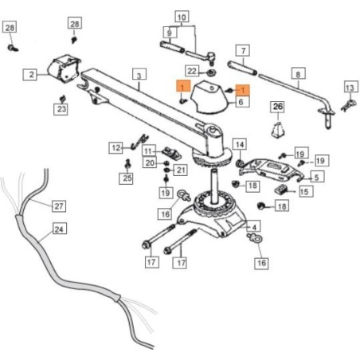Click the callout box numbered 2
click(30, 74)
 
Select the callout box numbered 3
click(139, 75)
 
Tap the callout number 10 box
click(182, 18)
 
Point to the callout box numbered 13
click(350, 87)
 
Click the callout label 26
click(278, 107)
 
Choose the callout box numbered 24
click(59, 229)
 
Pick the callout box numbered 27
click(58, 205)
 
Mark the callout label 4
click(254, 227)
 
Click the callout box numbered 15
click(306, 191)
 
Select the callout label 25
click(126, 178)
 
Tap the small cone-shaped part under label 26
click(278, 130)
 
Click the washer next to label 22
click(211, 72)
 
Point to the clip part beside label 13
click(348, 105)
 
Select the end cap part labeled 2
click(65, 68)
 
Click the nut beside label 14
click(240, 163)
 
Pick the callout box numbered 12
click(115, 147)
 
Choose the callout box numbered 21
click(181, 170)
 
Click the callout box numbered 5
click(317, 177)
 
